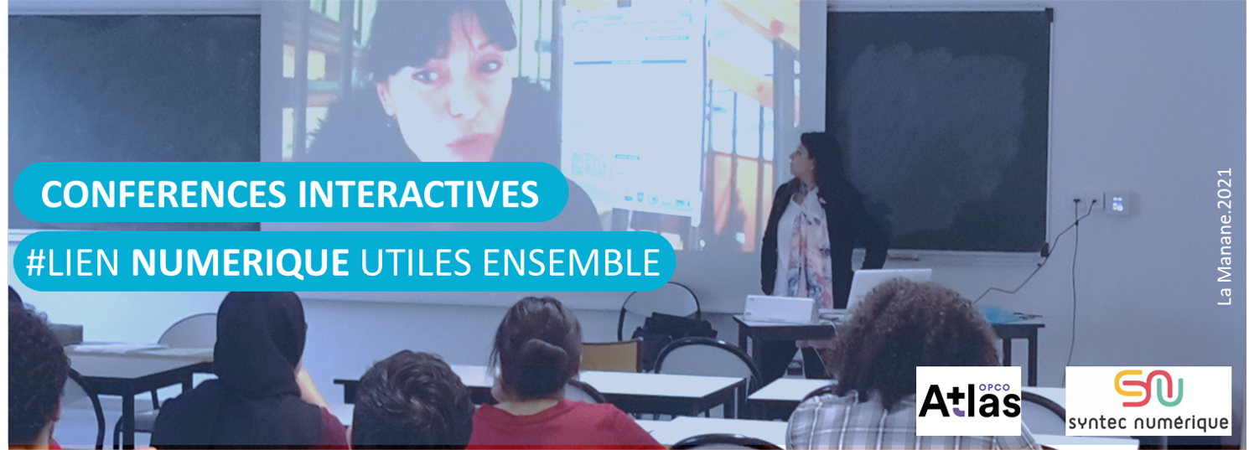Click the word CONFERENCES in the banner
[x=163, y=194]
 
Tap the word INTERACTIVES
[x=418, y=194]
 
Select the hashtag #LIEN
[x=72, y=262]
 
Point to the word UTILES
[x=416, y=262]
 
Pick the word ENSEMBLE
[x=572, y=262]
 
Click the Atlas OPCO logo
[x=968, y=401]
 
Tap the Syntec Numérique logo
[x=1148, y=401]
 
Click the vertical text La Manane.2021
[x=1225, y=236]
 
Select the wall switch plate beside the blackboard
[x=1117, y=204]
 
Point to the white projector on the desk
[x=780, y=308]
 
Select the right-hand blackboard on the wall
[x=938, y=131]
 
